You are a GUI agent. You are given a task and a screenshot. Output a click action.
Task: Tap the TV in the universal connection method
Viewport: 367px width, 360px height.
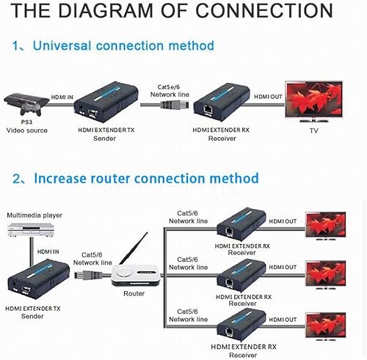click(x=316, y=102)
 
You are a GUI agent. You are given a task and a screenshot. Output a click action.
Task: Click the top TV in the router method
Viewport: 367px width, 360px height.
click(x=325, y=223)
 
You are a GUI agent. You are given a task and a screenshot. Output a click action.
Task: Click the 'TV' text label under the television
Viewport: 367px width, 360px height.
click(x=313, y=131)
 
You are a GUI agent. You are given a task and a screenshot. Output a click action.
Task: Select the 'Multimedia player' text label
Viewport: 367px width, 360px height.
click(x=35, y=216)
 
